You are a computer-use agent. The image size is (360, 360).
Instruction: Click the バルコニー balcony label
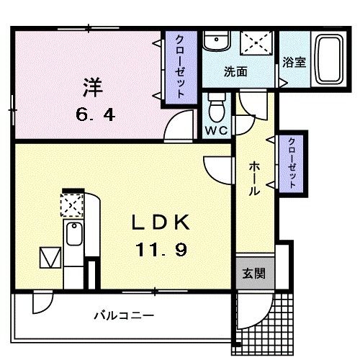coord(124,315)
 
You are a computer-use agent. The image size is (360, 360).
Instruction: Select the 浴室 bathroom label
coord(294,63)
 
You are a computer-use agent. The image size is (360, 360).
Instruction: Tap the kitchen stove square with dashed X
coord(72,207)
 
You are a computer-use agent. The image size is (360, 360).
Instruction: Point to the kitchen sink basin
coord(73,233)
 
